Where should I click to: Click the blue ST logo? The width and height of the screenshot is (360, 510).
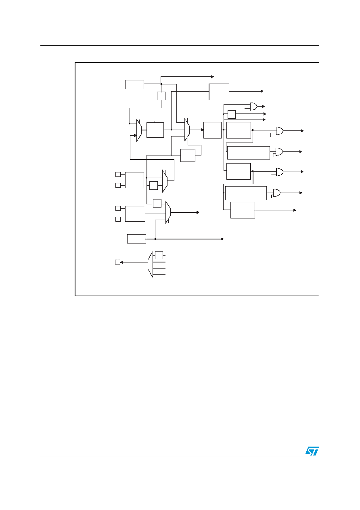click(312, 451)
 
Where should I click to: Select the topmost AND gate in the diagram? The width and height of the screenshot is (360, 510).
click(253, 106)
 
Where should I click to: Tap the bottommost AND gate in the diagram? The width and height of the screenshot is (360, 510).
click(276, 193)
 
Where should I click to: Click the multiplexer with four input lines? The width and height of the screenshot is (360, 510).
click(150, 264)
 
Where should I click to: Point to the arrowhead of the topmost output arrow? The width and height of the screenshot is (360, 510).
click(213, 77)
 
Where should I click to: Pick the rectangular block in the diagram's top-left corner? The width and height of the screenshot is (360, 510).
click(134, 84)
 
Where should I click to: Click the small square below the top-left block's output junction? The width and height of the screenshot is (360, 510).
click(161, 96)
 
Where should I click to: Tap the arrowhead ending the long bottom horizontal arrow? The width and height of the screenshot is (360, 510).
click(222, 239)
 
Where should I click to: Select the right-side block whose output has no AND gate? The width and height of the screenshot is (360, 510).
click(243, 210)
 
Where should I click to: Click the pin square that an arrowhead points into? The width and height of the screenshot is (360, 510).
click(118, 262)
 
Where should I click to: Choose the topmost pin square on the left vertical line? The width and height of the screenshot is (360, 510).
click(118, 174)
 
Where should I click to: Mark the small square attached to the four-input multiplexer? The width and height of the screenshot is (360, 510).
click(159, 255)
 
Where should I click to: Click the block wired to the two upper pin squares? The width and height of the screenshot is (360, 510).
click(134, 180)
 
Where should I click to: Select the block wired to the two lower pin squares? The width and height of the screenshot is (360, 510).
click(135, 214)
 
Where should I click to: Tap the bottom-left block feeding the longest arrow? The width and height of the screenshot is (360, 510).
click(136, 239)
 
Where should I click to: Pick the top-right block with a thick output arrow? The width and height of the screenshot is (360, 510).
click(219, 92)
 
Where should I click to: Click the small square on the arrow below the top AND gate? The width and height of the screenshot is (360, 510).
click(231, 114)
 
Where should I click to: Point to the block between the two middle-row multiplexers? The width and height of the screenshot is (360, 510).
click(155, 130)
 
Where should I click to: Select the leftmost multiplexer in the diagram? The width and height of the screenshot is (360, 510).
click(139, 130)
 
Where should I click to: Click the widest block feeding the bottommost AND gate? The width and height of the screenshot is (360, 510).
click(246, 193)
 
